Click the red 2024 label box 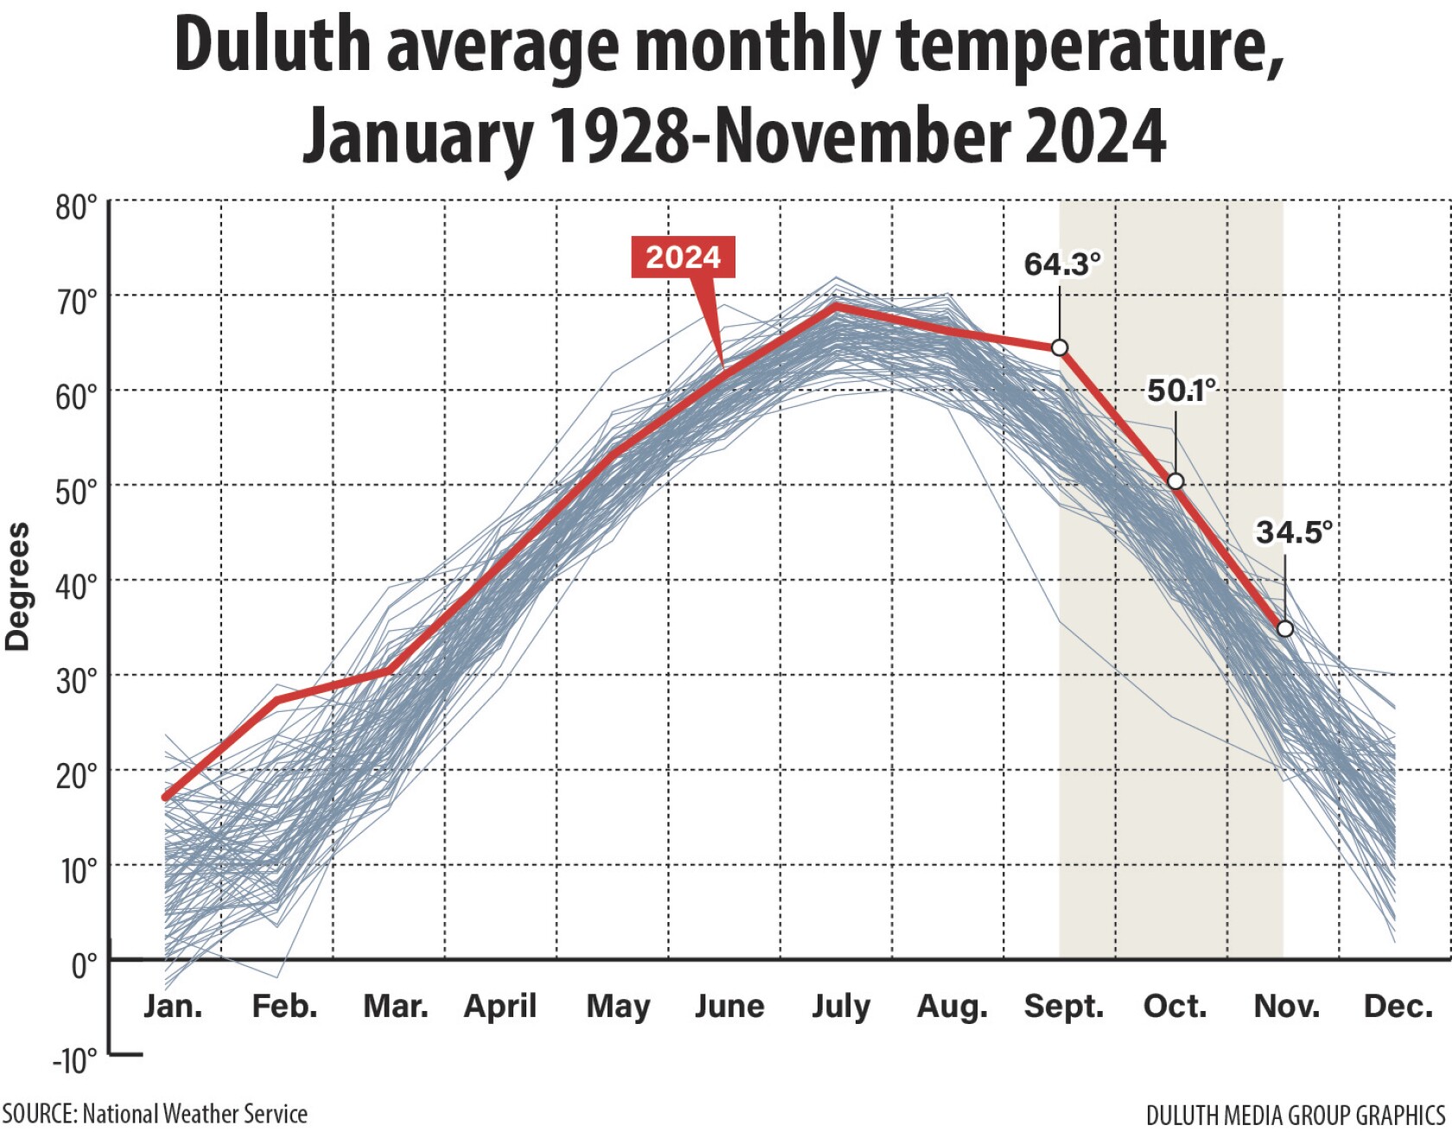click(x=683, y=257)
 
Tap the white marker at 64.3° click(x=1060, y=347)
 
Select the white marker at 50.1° click(x=1175, y=481)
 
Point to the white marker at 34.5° click(x=1285, y=628)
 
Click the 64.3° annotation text click(x=1062, y=264)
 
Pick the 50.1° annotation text click(x=1181, y=390)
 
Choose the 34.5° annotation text click(x=1293, y=531)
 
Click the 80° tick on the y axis click(x=77, y=208)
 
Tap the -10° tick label click(x=74, y=1059)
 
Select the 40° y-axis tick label click(x=77, y=587)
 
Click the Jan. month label click(x=173, y=1006)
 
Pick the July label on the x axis click(x=841, y=1007)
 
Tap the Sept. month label click(x=1064, y=1007)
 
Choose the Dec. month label click(x=1398, y=1006)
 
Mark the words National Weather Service click(x=194, y=1114)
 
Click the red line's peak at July click(x=836, y=305)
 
